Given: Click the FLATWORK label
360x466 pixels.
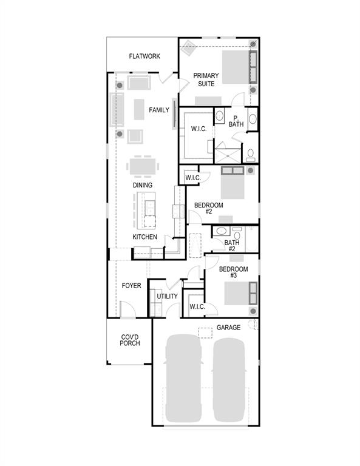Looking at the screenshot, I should coord(144,56).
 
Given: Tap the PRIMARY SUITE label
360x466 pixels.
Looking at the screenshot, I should coord(206,79).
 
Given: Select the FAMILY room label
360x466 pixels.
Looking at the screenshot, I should coord(159,110).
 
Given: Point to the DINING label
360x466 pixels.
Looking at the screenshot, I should coord(142,185).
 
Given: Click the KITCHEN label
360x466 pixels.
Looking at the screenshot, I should coord(145,237).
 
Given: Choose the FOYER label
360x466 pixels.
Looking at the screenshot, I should coord(131,285).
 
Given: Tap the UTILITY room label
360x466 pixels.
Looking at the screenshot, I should coord(168,296).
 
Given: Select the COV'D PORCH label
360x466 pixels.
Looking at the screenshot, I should coord(130,340).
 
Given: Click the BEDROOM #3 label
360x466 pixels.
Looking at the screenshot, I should coord(233,272).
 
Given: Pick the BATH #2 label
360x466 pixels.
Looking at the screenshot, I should coord(232,246).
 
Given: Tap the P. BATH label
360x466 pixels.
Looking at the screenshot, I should coord(236,121).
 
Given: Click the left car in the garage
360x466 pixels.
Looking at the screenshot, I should coord(184,377).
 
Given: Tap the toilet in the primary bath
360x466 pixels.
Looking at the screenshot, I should coord(250,154).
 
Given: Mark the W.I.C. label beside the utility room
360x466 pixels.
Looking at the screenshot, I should coord(197,306).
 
